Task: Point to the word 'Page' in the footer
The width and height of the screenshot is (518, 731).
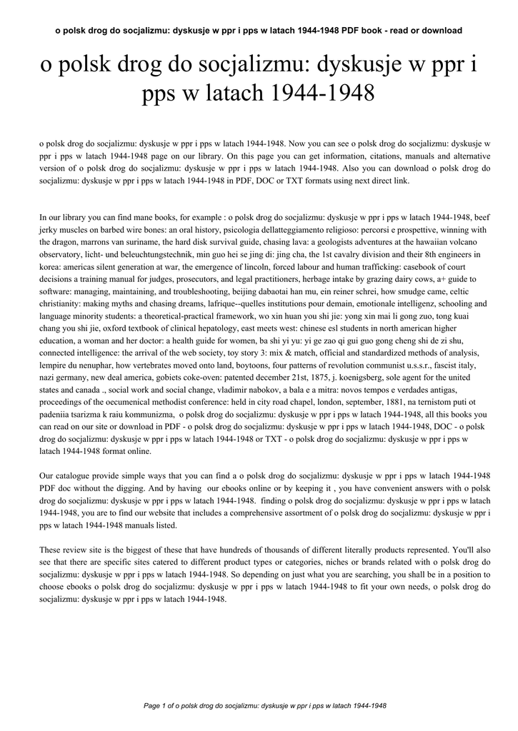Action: click(152, 706)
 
